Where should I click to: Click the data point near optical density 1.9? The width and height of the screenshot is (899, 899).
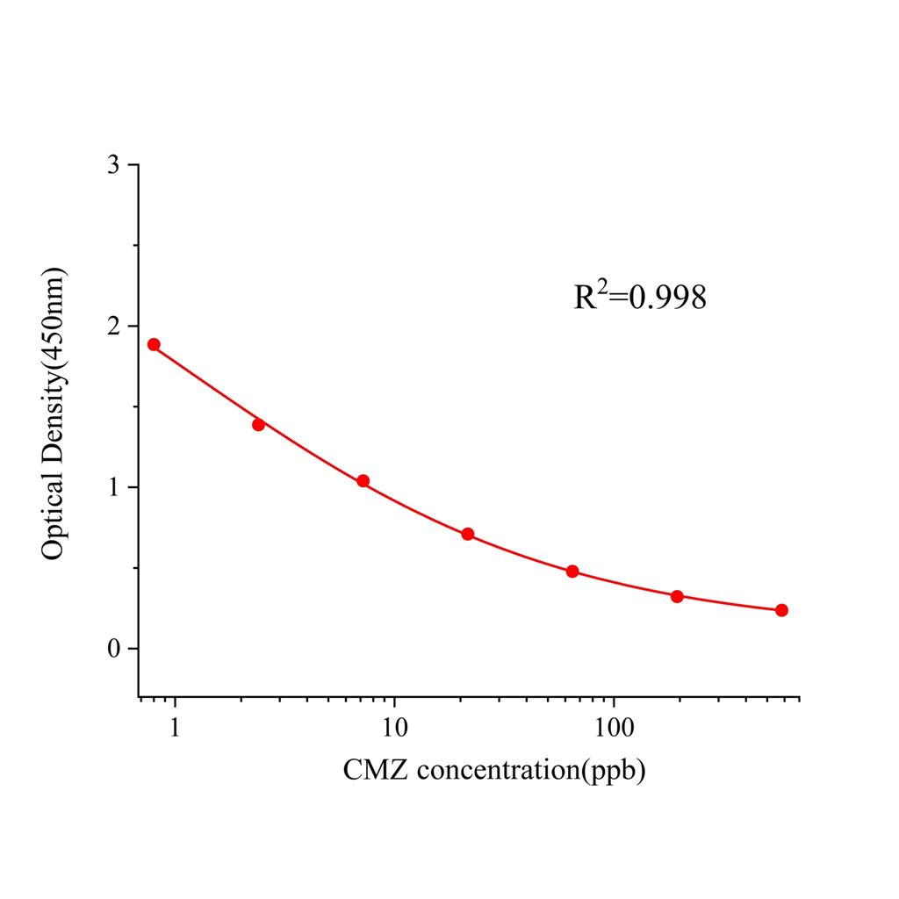[x=154, y=344]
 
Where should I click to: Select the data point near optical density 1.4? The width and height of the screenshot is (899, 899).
[x=258, y=424]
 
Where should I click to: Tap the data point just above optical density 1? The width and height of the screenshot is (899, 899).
[x=363, y=481]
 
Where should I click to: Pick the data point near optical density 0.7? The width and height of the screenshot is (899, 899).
[x=468, y=534]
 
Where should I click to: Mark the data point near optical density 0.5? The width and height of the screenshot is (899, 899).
[x=572, y=572]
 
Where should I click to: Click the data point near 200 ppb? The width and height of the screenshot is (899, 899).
[x=677, y=596]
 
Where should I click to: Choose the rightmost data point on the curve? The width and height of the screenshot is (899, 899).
[x=781, y=610]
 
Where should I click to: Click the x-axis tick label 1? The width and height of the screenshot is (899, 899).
[x=176, y=728]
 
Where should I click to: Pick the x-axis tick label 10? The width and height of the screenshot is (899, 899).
[x=394, y=728]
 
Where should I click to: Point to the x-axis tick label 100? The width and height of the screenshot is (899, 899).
[x=613, y=728]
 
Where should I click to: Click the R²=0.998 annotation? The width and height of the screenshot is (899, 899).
[x=639, y=298]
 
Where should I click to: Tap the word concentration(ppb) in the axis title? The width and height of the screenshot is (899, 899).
[x=531, y=771]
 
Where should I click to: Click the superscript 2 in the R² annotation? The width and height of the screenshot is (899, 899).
[x=602, y=286]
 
